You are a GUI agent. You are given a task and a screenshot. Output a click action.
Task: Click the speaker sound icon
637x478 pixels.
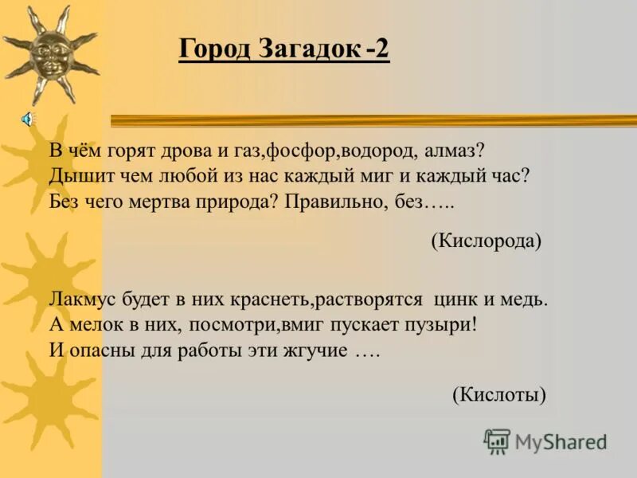click(26, 119)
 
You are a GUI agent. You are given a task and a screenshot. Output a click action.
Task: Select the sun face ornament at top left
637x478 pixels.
click(49, 53)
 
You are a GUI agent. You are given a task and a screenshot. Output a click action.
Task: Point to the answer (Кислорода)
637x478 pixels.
click(487, 241)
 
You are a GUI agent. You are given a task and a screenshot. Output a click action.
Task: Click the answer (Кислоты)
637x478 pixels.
click(499, 394)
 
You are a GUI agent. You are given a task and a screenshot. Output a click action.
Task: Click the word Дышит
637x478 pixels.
click(74, 175)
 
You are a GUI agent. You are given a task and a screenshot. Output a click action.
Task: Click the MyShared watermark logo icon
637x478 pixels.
click(497, 441)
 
